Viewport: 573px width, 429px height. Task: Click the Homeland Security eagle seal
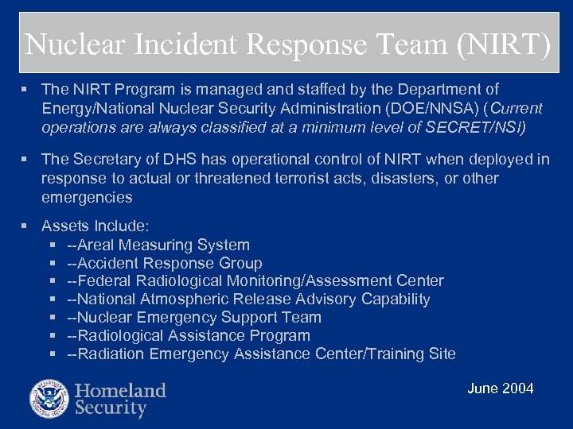(49, 399)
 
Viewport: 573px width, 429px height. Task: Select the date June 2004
(500, 388)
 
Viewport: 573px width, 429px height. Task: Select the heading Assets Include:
(89, 226)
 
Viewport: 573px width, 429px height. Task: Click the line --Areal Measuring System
(158, 245)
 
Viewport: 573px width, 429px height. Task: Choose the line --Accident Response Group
(165, 263)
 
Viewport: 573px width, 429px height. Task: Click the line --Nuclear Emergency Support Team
(194, 317)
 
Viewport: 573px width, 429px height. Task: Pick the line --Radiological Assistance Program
(189, 335)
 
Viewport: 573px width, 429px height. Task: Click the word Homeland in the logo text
(121, 390)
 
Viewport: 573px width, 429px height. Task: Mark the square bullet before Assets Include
(29, 226)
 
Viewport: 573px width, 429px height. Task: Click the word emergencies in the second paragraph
(87, 196)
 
